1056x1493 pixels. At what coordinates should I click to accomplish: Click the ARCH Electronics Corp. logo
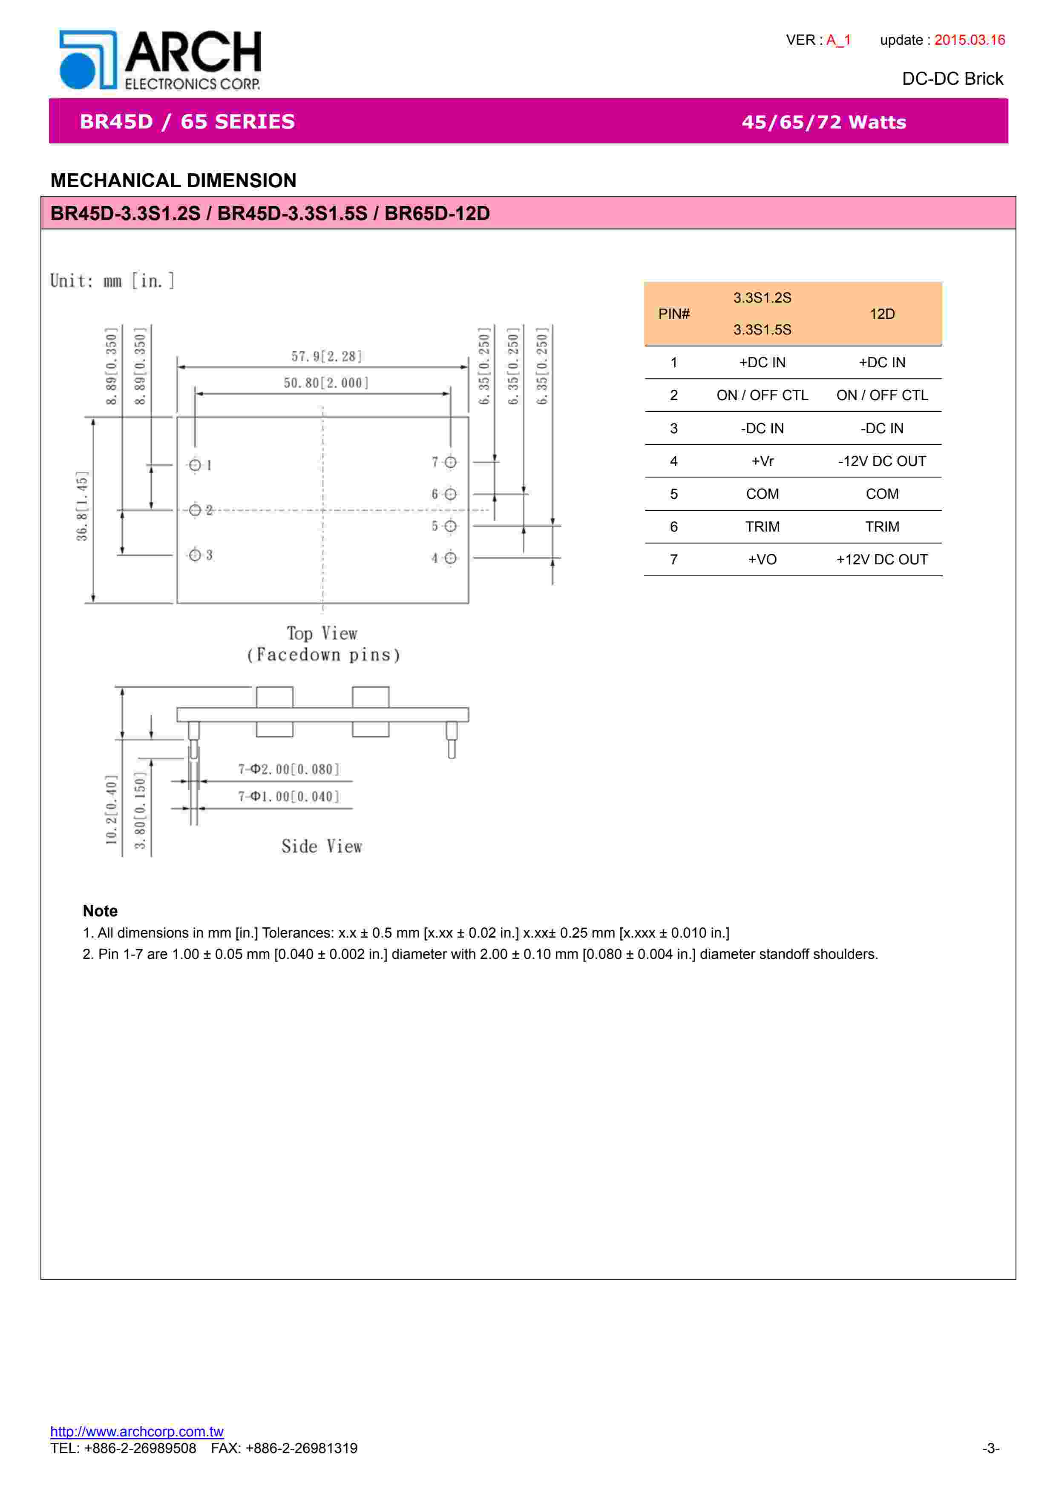point(160,60)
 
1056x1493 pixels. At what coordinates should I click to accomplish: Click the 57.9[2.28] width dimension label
point(327,356)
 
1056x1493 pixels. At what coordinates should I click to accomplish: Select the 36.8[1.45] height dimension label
point(82,506)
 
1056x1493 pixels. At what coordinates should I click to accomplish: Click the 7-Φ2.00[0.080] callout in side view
point(289,769)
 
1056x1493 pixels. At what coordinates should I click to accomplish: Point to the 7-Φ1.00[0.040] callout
point(289,797)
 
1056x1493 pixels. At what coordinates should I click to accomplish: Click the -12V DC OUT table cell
point(882,461)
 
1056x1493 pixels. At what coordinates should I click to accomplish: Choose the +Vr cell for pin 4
point(762,461)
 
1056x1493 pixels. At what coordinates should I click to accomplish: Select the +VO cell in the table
point(762,559)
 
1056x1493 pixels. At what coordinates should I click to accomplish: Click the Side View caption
point(322,846)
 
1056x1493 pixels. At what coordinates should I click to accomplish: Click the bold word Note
point(100,910)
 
